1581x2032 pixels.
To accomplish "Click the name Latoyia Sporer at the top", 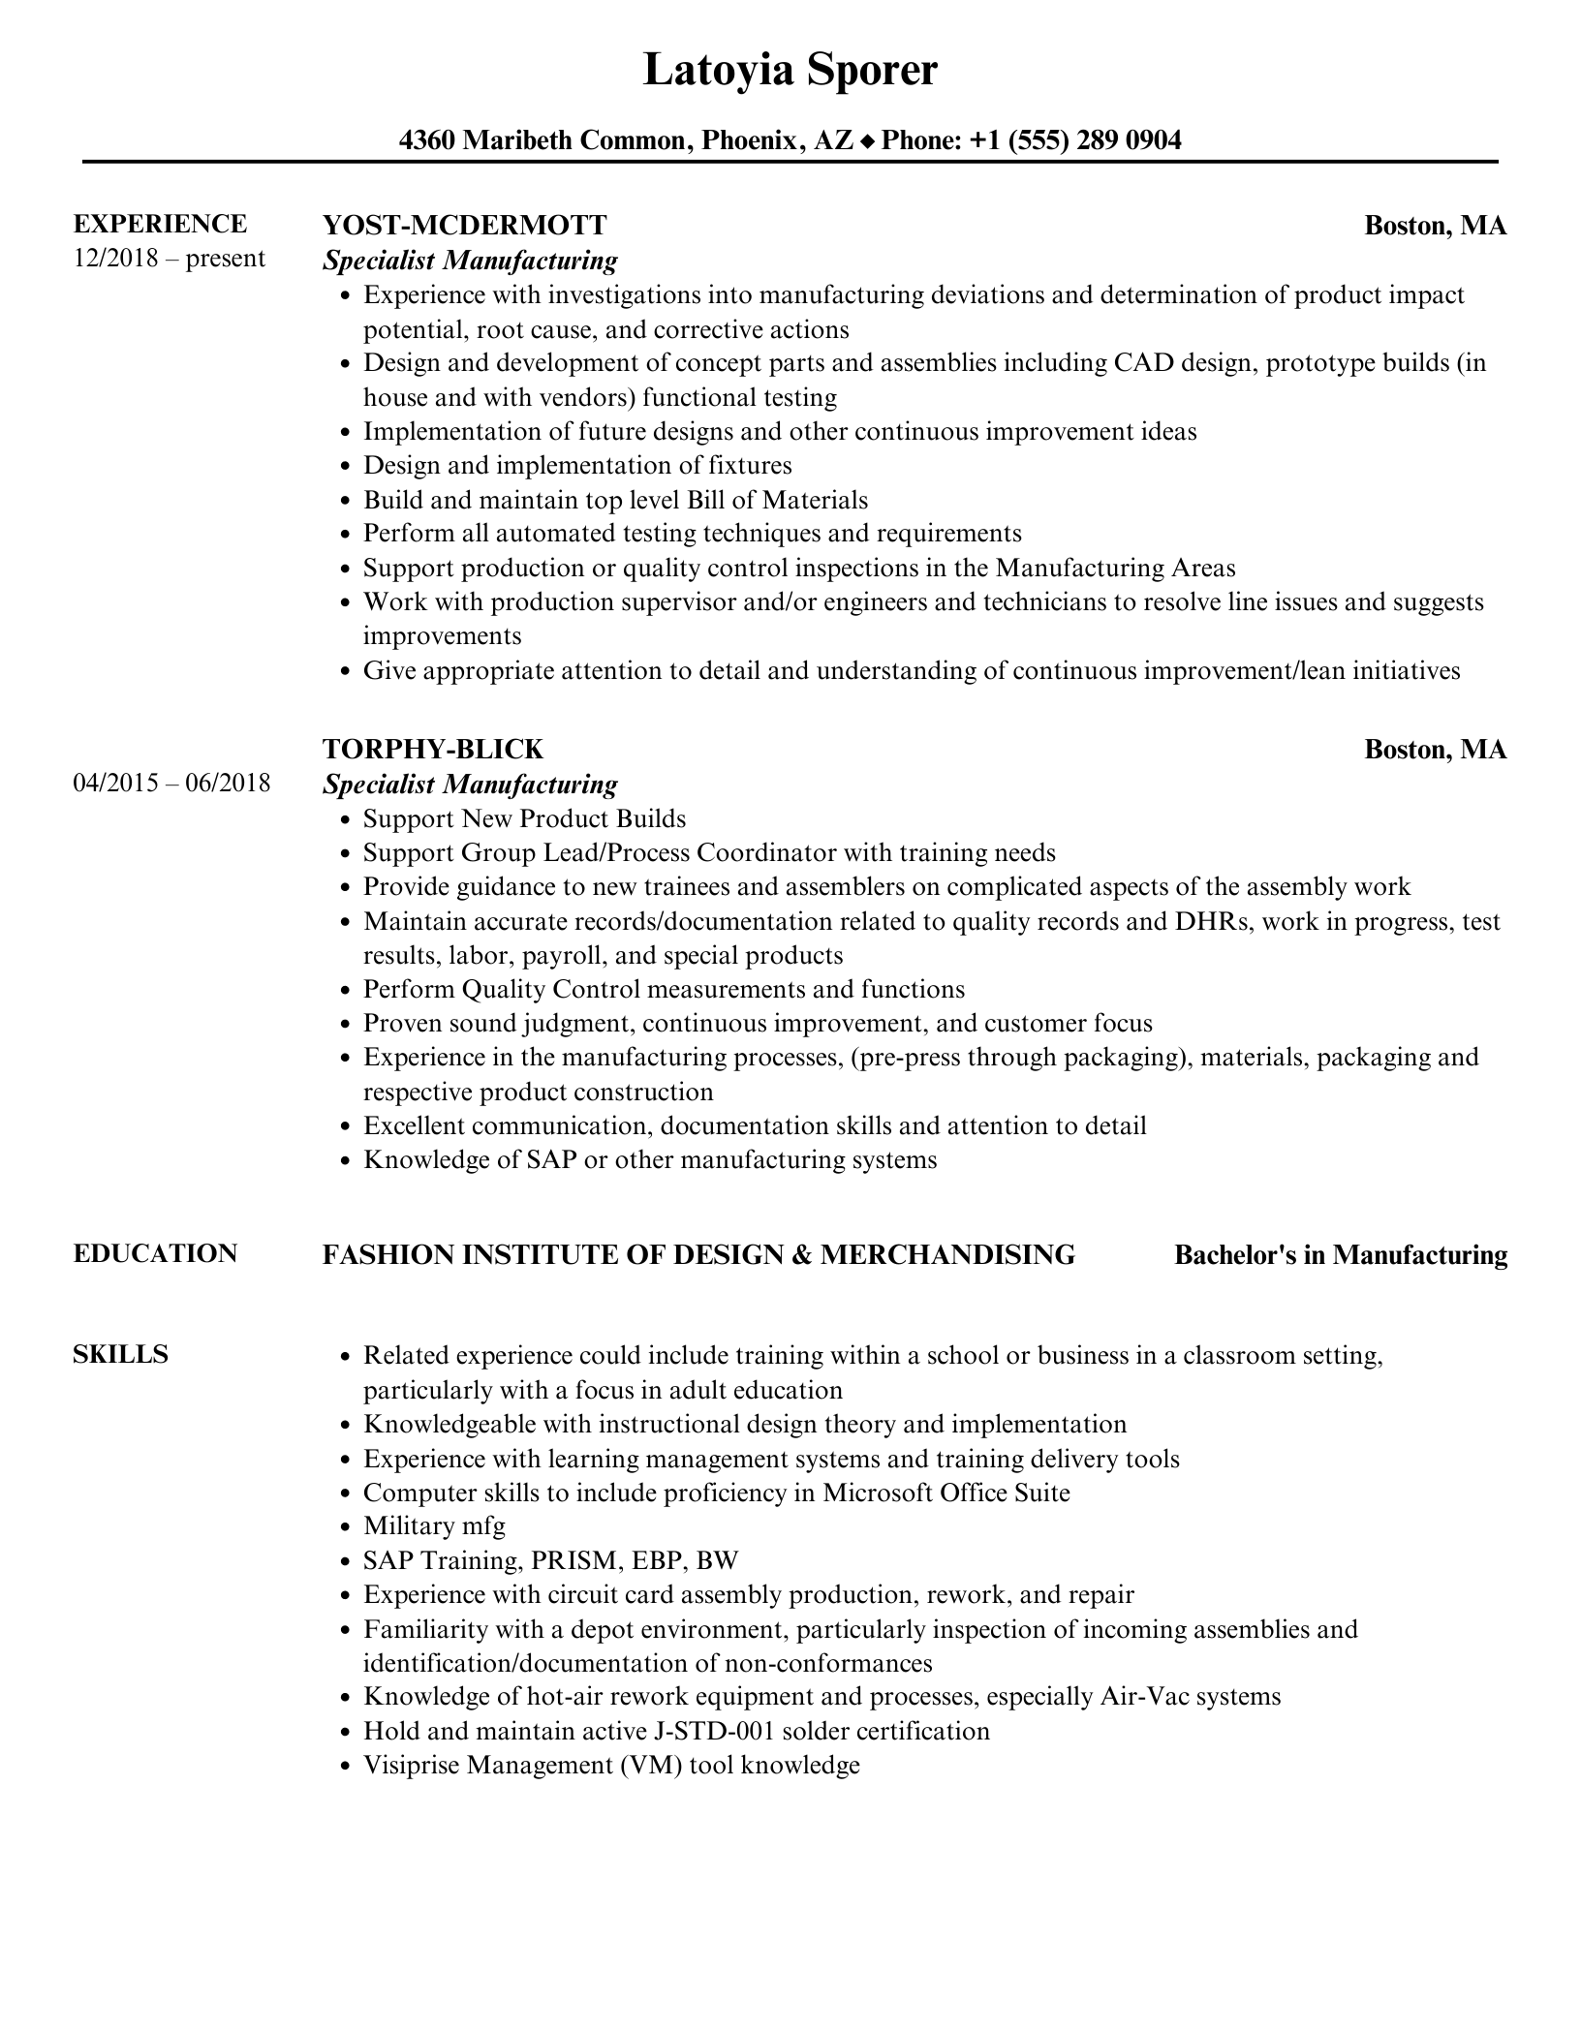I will click(790, 71).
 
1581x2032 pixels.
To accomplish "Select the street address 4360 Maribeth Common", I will click(542, 140).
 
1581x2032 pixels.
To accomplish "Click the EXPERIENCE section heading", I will click(160, 224).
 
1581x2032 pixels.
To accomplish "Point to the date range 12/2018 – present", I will click(169, 259).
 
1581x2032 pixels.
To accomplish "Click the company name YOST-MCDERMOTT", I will click(464, 225).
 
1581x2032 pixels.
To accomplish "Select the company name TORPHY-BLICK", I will click(432, 749).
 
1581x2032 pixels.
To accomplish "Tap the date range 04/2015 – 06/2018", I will click(171, 783).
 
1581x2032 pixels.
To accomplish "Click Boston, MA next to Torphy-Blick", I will click(1435, 750).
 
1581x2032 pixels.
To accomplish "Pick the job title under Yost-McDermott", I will click(470, 260).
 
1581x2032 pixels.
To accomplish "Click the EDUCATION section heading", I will click(155, 1253).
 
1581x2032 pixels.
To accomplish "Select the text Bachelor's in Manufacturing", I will click(1340, 1255).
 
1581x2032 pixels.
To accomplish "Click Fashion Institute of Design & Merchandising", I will click(698, 1255).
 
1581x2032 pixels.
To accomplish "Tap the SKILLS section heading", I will click(120, 1354).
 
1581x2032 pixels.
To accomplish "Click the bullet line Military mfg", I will click(434, 1526).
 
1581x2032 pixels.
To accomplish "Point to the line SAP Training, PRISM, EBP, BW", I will click(550, 1560).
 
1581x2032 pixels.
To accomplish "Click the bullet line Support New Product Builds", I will click(524, 818).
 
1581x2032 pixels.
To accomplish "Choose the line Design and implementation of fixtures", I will click(577, 465).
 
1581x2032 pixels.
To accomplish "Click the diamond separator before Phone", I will click(867, 141).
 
